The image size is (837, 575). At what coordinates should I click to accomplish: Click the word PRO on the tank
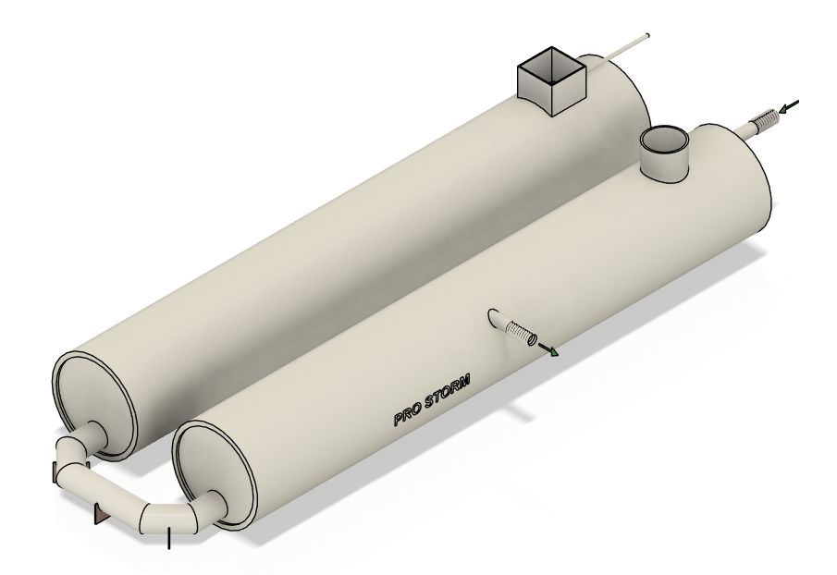point(407,418)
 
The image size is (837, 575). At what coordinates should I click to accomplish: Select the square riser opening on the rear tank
point(552,81)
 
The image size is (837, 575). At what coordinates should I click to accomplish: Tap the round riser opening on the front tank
point(665,153)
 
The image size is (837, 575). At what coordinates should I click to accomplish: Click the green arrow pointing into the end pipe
point(789,106)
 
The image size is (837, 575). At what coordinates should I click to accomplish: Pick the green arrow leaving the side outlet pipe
point(548,349)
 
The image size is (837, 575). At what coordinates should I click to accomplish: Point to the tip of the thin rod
point(647,36)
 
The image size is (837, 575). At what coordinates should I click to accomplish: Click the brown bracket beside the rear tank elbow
point(55,472)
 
